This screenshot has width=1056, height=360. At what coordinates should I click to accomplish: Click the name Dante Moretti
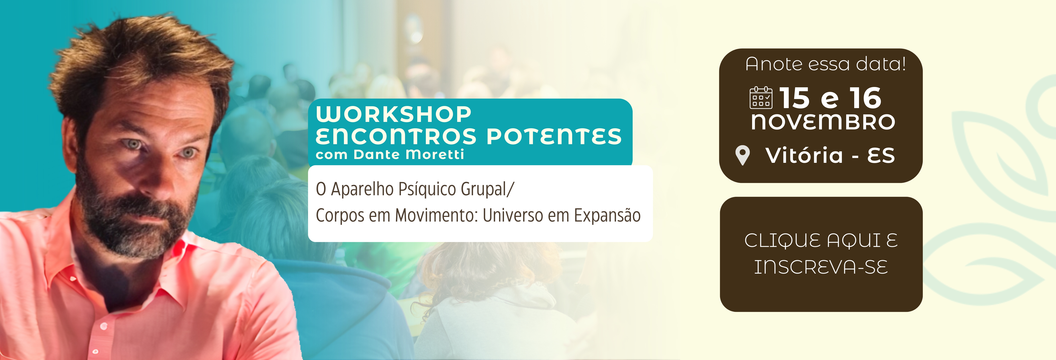pos(409,155)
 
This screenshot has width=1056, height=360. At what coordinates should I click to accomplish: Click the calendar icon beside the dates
pos(761,98)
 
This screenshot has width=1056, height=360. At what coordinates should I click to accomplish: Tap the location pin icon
pos(742,155)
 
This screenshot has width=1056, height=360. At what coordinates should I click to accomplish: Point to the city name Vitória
pos(804,155)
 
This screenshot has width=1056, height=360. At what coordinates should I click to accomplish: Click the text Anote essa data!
pos(826,64)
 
